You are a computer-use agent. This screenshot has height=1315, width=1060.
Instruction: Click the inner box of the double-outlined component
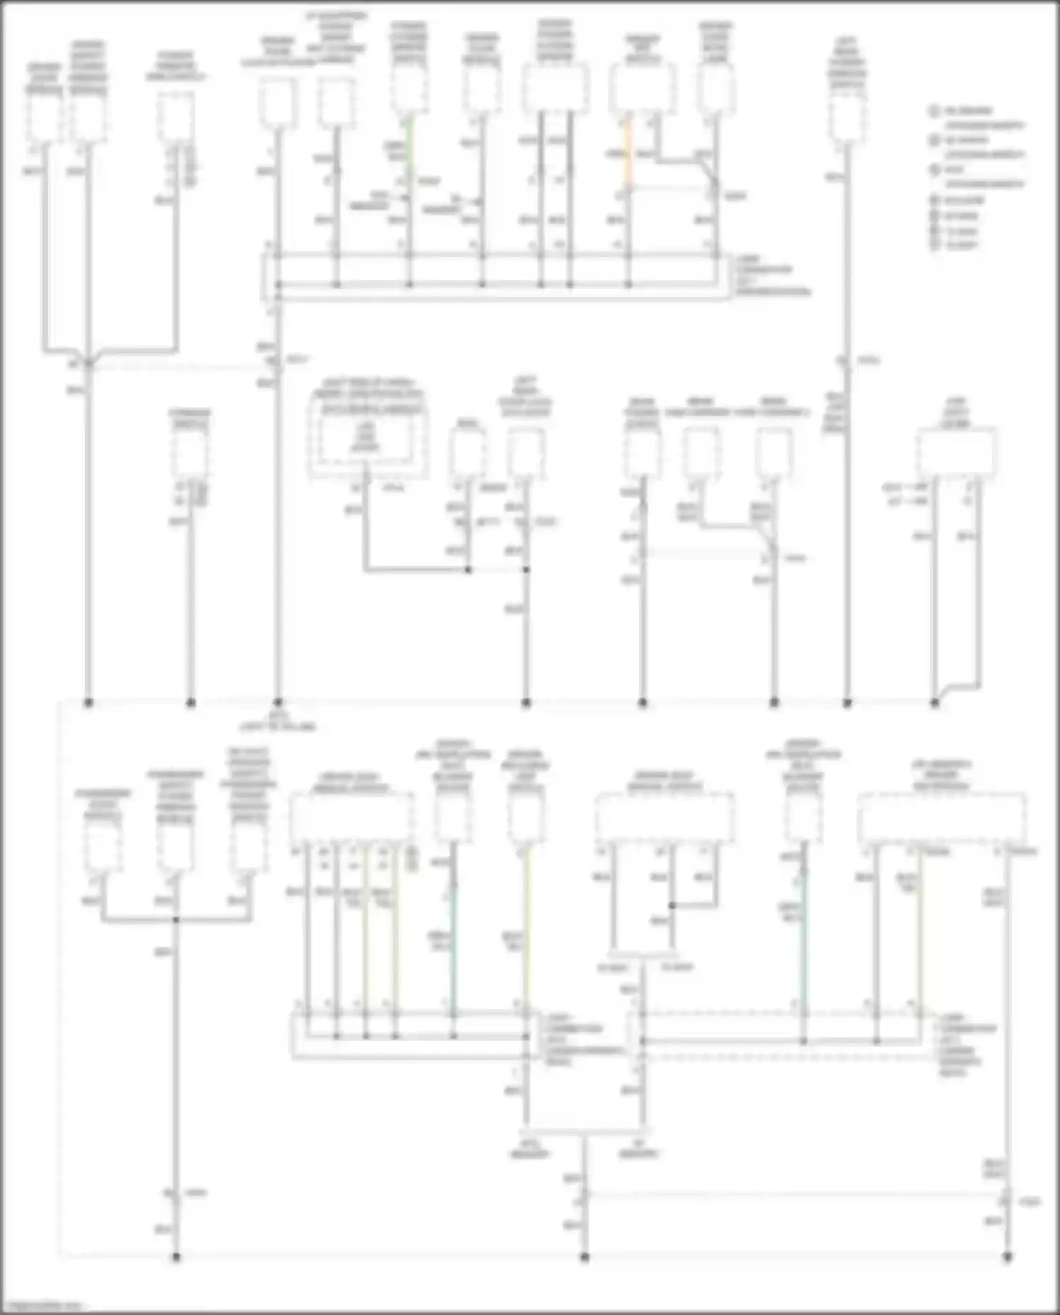point(367,431)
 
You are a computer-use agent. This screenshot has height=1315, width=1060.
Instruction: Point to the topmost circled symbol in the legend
point(934,111)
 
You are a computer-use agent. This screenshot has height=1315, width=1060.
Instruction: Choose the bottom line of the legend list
point(955,245)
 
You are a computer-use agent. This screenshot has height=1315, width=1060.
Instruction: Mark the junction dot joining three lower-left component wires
point(176,919)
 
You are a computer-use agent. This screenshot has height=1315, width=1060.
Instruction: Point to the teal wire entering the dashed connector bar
point(803,940)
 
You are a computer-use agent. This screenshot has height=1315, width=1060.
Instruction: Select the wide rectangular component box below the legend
point(955,454)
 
